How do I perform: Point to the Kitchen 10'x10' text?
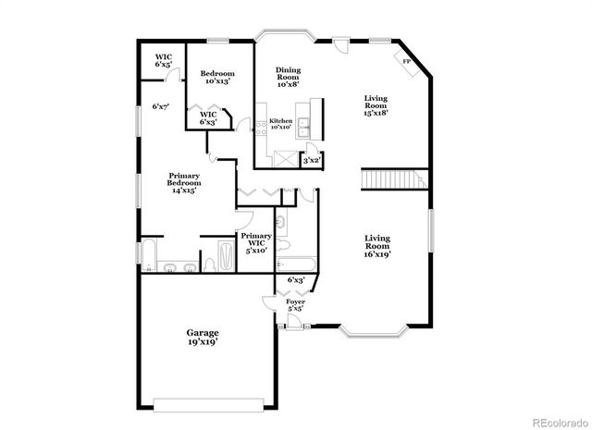[x=280, y=124]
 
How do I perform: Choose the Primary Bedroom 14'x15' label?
[x=184, y=182]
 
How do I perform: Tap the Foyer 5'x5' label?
[x=295, y=305]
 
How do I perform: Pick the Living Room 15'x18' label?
[x=376, y=105]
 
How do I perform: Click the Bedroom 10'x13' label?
[x=217, y=77]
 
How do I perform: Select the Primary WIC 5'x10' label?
[x=257, y=242]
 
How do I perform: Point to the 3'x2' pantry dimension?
[x=312, y=161]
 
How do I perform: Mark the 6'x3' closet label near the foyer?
[x=296, y=279]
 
